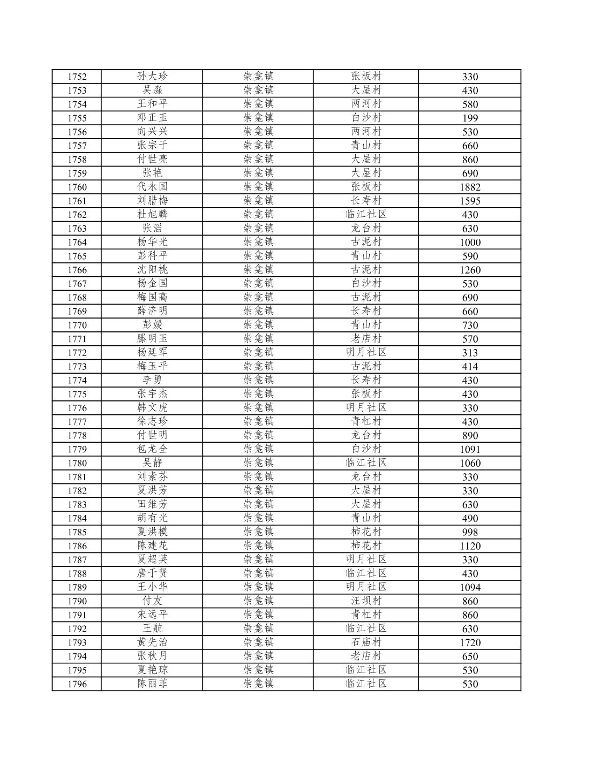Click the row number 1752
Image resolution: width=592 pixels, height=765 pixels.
point(77,77)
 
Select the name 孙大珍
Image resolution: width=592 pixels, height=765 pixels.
point(152,77)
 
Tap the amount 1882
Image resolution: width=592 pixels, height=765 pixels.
point(470,187)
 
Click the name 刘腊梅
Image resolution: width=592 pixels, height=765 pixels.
point(152,201)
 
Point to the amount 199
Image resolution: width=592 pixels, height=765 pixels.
point(470,118)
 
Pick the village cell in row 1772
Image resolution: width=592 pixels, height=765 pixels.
point(366,352)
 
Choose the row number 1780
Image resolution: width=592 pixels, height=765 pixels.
point(77,463)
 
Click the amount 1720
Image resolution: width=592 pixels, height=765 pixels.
point(470,642)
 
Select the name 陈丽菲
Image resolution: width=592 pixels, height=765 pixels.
point(152,684)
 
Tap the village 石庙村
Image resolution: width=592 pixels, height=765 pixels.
point(366,642)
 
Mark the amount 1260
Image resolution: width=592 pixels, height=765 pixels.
point(470,270)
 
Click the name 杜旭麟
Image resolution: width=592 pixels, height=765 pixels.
point(152,215)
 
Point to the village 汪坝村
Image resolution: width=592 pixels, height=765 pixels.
point(366,601)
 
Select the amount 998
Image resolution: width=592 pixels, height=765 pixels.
point(470,532)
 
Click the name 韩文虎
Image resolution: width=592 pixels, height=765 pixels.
point(152,408)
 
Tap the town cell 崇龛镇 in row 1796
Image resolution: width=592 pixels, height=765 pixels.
point(258,684)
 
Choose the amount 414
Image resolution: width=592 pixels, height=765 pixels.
point(470,366)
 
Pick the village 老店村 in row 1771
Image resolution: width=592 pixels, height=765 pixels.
point(366,339)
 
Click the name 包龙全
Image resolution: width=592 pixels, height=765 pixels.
point(152,449)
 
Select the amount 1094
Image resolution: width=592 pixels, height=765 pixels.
point(470,587)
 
